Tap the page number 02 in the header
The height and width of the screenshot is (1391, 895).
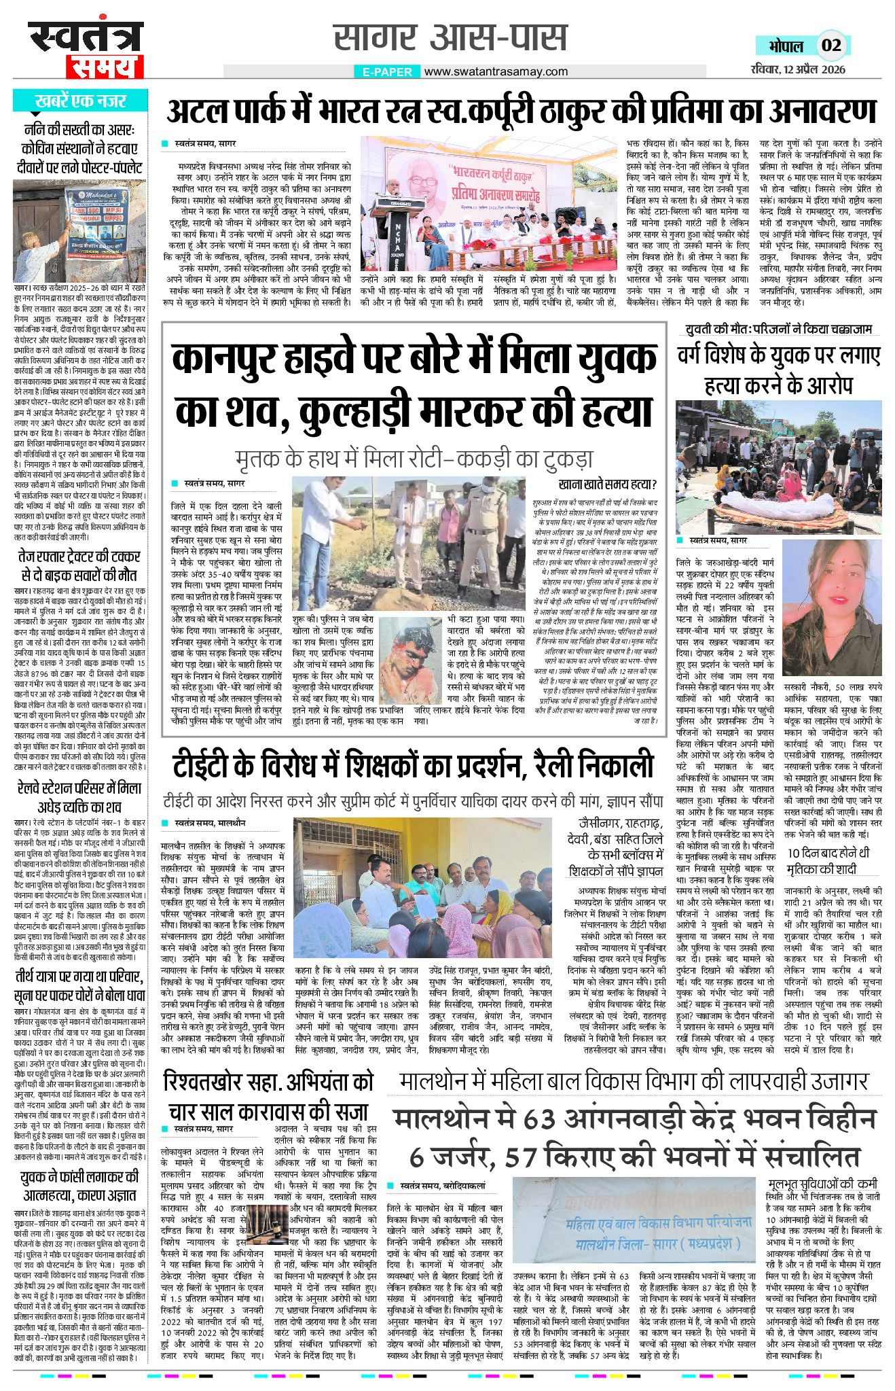pos(831,46)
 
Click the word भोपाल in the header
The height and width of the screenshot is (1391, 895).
pos(786,46)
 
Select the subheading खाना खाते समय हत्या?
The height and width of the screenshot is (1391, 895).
pos(608,485)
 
